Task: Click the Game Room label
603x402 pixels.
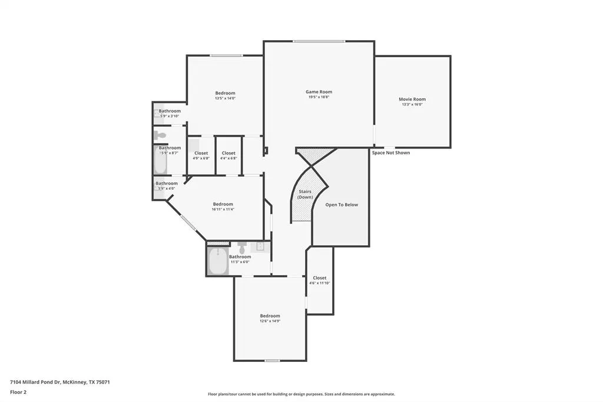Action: (x=319, y=92)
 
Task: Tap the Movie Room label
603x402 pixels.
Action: (x=412, y=100)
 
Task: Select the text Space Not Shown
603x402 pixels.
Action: (x=390, y=153)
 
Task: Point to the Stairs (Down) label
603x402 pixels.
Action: (x=304, y=195)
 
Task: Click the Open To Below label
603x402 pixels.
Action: (x=342, y=205)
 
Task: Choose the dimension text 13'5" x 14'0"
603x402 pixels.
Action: (x=225, y=98)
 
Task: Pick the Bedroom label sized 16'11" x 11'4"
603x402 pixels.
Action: (x=223, y=204)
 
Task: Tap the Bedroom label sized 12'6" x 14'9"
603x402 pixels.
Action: (x=270, y=316)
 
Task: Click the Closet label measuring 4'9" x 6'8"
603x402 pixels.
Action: (x=201, y=153)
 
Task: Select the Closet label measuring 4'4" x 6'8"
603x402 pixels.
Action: (x=228, y=153)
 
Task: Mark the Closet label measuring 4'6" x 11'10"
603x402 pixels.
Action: (x=320, y=278)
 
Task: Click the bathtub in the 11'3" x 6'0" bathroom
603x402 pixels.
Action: (x=218, y=261)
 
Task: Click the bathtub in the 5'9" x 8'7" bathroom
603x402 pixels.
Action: (x=160, y=161)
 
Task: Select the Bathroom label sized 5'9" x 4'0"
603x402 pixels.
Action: (x=167, y=183)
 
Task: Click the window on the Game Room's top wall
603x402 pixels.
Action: (x=319, y=41)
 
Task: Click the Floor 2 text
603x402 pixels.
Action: (x=18, y=392)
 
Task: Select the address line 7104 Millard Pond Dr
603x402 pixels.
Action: (x=59, y=382)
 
